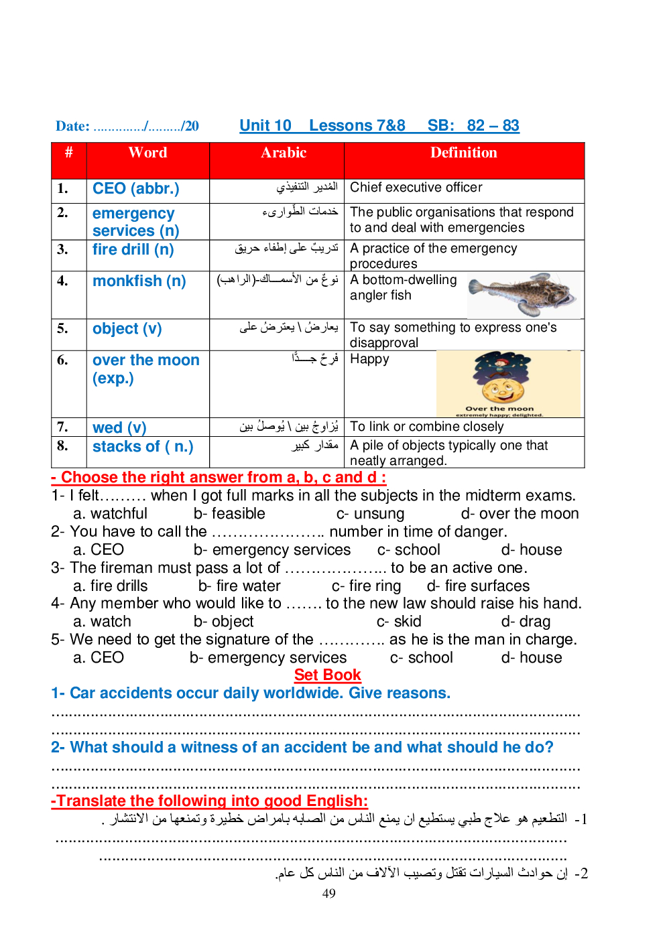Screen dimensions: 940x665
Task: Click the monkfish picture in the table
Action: point(523,295)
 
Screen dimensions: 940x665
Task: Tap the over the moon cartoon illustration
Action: point(507,383)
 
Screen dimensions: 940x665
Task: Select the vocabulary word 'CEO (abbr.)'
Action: point(135,188)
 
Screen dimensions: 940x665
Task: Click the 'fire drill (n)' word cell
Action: point(133,249)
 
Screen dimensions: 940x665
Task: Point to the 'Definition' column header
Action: point(463,153)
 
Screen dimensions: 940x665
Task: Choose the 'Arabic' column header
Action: point(284,153)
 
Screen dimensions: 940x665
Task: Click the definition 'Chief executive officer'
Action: point(416,188)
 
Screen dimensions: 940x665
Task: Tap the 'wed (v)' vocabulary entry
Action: point(119,427)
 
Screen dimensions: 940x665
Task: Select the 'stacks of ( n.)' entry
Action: point(142,446)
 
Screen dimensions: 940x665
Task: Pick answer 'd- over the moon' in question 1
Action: point(520,514)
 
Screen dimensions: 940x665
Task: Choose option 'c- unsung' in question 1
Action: point(370,514)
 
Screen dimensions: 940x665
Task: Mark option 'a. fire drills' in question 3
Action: point(110,586)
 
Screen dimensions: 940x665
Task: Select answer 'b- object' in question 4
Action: point(223,622)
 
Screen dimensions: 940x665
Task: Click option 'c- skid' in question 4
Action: point(398,622)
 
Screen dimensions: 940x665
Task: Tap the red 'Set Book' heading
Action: point(327,675)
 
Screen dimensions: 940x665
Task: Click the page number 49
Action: point(328,893)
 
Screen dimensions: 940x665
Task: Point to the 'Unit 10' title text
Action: point(265,125)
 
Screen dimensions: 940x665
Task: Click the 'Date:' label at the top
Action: point(72,126)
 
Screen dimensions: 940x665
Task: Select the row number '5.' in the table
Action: point(62,328)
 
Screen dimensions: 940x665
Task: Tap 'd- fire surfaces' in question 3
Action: point(478,586)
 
